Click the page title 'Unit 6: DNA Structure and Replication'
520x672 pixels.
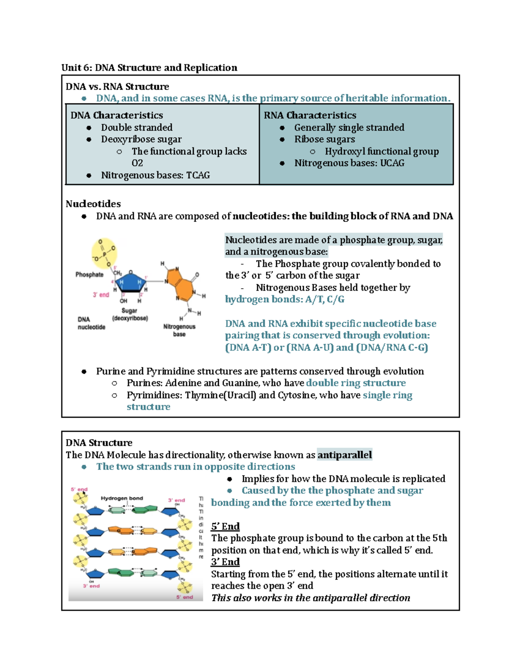point(149,68)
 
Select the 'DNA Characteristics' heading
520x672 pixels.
point(117,115)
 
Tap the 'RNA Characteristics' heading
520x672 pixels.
point(310,115)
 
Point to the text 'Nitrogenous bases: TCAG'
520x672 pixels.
point(155,175)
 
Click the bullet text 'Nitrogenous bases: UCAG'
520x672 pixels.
point(349,163)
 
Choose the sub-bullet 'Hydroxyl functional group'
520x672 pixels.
point(381,151)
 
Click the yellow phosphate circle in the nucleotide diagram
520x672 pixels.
point(104,253)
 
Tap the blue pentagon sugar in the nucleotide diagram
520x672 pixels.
point(130,283)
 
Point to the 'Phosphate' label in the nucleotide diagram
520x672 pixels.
point(89,274)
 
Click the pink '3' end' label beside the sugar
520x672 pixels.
point(101,295)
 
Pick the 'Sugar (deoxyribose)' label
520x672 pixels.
point(130,314)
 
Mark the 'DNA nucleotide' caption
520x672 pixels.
point(91,323)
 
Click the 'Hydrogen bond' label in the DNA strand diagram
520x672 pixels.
point(122,498)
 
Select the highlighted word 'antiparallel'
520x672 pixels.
point(344,455)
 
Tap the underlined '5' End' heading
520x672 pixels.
point(225,526)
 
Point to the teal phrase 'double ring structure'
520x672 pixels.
point(356,383)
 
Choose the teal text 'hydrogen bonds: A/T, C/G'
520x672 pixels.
point(284,299)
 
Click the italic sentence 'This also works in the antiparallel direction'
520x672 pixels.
point(310,598)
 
